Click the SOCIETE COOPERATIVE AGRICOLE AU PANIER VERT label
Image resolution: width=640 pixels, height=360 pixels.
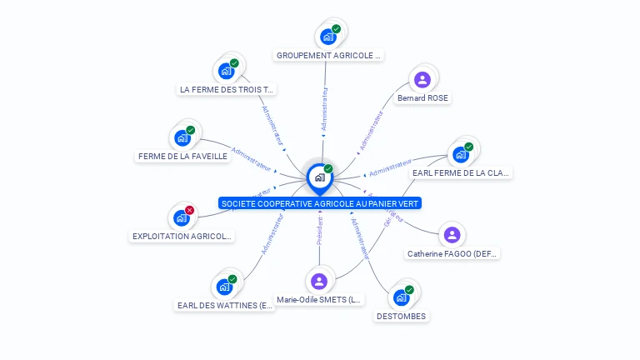coord(320,203)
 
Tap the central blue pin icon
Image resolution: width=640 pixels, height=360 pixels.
coord(319,177)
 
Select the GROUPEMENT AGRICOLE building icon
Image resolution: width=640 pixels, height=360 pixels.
coord(328,37)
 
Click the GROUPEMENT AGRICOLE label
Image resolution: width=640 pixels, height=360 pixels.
coord(328,56)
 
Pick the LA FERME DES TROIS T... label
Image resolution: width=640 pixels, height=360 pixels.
coord(227,89)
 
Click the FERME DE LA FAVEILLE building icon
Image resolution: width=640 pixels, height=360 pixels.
coord(182,137)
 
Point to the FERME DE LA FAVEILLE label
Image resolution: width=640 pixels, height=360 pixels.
coord(182,156)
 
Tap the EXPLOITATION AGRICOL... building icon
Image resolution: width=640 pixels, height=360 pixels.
coord(181,218)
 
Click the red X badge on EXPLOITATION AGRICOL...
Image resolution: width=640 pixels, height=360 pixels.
coord(190,210)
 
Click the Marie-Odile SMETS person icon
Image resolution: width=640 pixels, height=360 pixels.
coord(319,281)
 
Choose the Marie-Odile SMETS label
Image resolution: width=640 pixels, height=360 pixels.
coord(320,300)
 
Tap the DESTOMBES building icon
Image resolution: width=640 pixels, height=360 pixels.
coord(401,297)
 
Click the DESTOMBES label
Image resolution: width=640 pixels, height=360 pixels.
coord(401,317)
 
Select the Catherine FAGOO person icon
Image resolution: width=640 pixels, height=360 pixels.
coord(452,234)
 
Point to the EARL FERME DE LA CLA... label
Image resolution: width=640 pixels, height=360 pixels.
coord(461,173)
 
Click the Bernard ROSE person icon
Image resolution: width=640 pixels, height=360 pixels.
coord(422,79)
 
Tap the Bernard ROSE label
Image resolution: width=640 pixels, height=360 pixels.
coord(422,98)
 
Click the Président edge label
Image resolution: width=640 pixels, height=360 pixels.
coord(320,230)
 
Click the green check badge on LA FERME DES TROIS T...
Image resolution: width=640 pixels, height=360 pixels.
coord(234,62)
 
